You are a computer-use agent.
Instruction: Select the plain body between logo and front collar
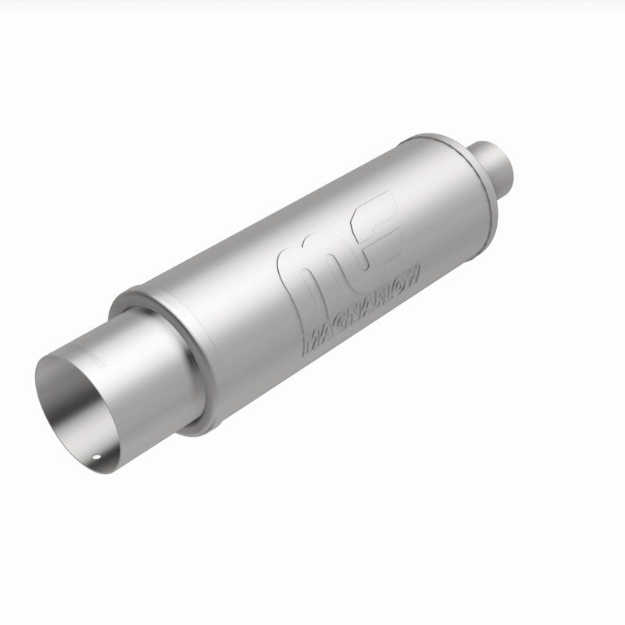coord(227,312)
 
